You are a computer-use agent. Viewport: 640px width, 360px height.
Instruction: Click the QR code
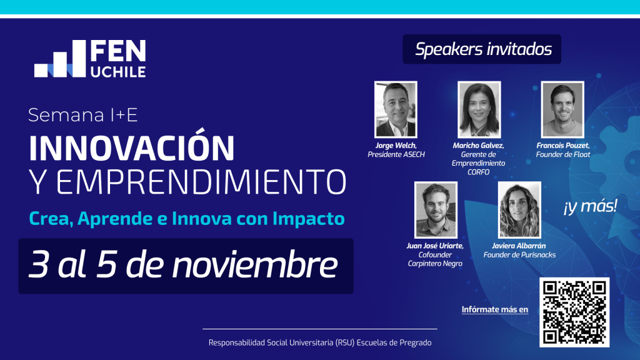click(574, 312)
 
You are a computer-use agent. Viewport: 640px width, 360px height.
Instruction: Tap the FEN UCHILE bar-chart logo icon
click(60, 58)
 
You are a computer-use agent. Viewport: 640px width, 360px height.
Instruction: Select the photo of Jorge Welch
click(396, 109)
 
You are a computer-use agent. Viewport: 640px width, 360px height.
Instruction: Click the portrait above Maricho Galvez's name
click(479, 109)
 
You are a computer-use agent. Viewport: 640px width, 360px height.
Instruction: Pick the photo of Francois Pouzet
click(562, 109)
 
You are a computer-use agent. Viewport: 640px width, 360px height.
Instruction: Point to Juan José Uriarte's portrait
click(436, 210)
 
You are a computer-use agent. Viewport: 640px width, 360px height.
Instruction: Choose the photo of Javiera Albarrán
click(519, 210)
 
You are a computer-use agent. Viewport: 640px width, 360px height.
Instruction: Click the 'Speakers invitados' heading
click(483, 49)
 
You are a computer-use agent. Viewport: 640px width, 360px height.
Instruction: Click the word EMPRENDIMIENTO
click(201, 182)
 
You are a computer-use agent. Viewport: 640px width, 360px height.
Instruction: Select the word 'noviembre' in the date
click(255, 265)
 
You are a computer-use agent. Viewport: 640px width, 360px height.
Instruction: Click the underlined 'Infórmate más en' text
click(495, 310)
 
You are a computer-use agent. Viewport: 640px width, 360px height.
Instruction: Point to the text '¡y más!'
click(590, 206)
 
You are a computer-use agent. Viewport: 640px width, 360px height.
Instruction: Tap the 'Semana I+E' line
click(83, 115)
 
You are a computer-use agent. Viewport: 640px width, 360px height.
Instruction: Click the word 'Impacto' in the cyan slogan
click(309, 218)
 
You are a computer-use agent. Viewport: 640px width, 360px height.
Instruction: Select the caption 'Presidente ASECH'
click(396, 154)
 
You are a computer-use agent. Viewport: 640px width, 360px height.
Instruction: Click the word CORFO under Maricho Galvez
click(478, 172)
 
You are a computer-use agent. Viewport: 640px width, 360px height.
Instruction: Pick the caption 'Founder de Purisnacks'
click(519, 255)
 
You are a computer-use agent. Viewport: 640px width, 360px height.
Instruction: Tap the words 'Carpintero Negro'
click(435, 264)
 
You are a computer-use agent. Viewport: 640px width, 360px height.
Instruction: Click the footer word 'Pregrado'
click(416, 343)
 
